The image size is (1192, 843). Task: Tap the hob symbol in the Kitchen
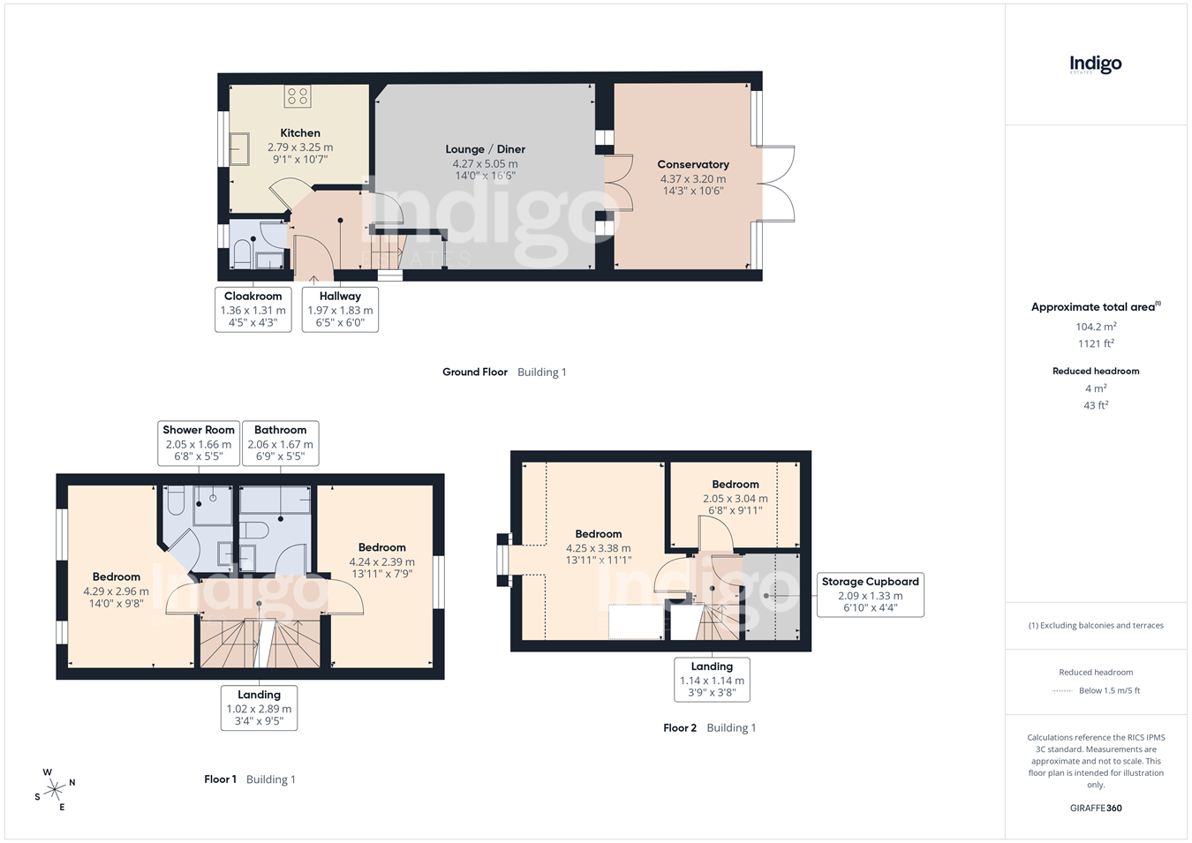click(297, 96)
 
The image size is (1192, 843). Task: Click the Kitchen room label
click(300, 133)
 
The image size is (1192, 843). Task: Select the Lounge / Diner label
click(486, 149)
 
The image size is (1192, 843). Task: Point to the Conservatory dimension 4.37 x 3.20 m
click(693, 179)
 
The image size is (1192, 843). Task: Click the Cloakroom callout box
click(253, 310)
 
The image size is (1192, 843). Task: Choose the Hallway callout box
click(340, 310)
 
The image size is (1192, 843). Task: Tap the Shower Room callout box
click(199, 444)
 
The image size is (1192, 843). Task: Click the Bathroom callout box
click(281, 444)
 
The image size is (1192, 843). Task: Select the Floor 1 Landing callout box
click(260, 708)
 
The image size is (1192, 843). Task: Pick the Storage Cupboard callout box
click(870, 595)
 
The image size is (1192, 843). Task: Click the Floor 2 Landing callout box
click(712, 680)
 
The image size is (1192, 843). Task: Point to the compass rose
click(55, 789)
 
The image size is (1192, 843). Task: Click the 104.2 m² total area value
click(1096, 327)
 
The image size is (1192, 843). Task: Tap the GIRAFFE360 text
click(1096, 808)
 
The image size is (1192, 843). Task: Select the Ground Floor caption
click(475, 373)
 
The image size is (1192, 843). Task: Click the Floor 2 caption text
click(680, 727)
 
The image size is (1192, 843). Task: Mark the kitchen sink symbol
click(239, 149)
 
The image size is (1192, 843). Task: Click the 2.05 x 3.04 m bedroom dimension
click(735, 499)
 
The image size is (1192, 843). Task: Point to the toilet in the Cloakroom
click(242, 254)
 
